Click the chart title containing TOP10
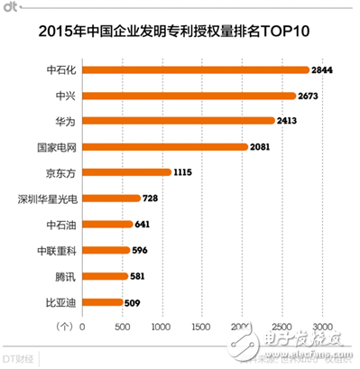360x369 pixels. point(180,32)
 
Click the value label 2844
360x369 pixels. point(323,69)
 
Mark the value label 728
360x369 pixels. point(152,198)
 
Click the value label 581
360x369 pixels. point(140,277)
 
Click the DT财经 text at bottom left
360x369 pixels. point(22,359)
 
